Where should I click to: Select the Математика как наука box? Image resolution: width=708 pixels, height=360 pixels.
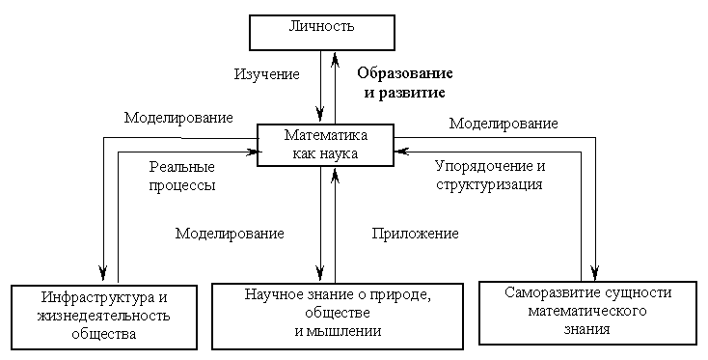[326, 145]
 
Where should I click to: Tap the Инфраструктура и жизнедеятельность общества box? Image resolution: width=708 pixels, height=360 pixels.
[102, 314]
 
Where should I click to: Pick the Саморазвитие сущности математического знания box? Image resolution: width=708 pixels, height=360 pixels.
[587, 310]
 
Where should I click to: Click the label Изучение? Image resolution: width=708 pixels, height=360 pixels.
[267, 73]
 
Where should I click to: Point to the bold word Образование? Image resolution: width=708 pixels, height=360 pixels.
[405, 73]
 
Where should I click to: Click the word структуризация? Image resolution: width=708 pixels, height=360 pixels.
[489, 182]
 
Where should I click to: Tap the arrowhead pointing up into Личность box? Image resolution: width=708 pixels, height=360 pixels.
[334, 56]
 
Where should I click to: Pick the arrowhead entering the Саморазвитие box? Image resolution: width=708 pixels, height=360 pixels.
[596, 273]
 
